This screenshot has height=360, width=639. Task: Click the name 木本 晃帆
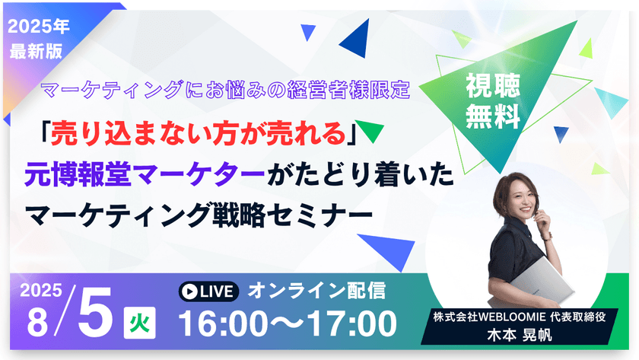(522, 334)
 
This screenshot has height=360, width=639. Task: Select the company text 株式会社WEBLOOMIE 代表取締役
(522, 316)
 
